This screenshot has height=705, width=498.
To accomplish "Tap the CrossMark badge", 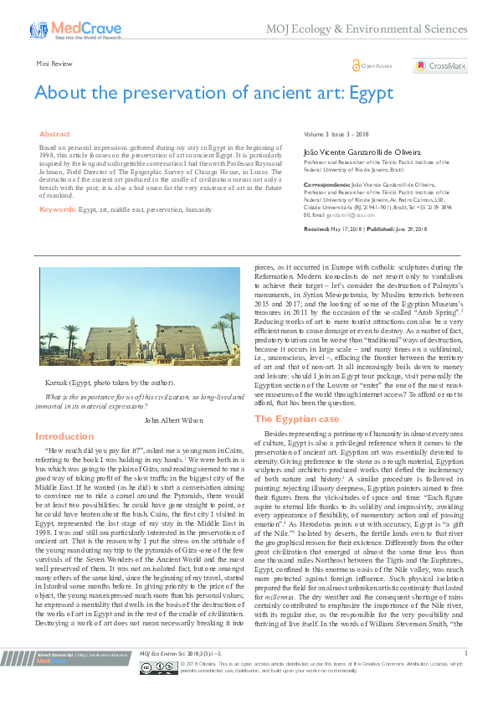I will (x=439, y=65).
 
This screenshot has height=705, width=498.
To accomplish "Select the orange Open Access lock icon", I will (x=357, y=64).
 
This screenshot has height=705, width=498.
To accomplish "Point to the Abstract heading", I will (x=55, y=134).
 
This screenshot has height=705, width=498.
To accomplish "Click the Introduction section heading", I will (x=64, y=436).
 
